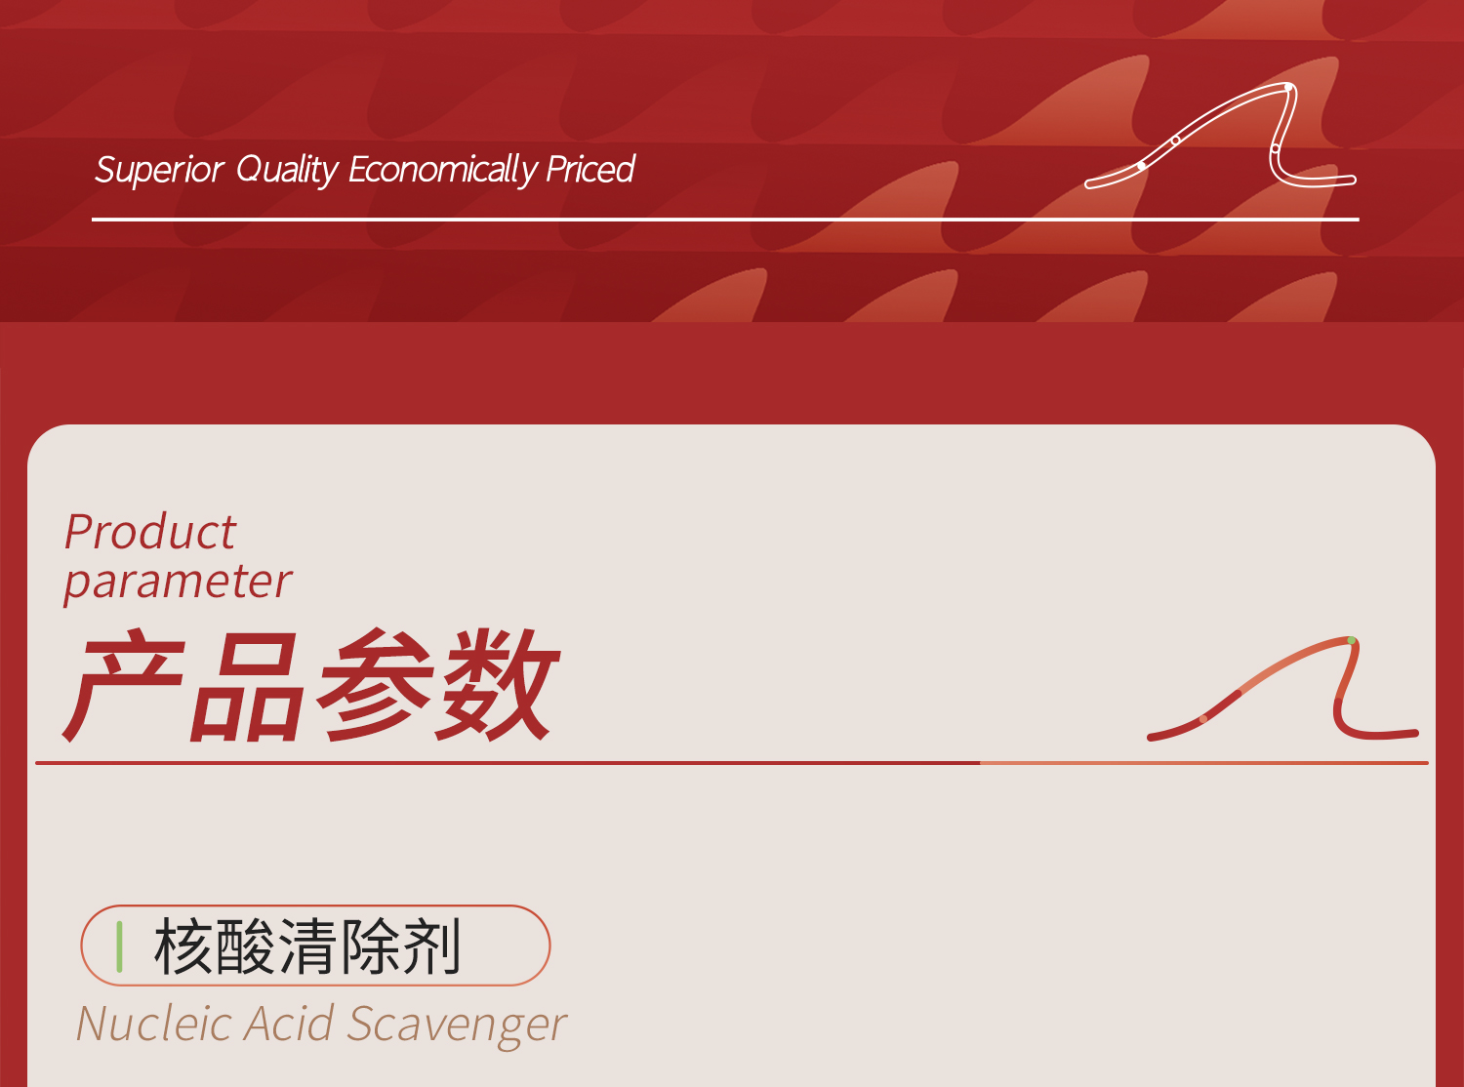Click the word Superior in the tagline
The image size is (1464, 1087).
tap(159, 170)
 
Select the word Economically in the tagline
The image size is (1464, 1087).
tap(442, 170)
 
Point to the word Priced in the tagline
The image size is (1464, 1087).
tap(590, 170)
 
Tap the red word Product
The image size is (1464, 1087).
tap(150, 532)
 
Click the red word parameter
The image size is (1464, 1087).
tap(178, 582)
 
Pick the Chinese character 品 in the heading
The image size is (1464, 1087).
tap(244, 685)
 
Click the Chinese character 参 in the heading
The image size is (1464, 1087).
tap(373, 685)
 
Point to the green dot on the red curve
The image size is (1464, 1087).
tap(1352, 641)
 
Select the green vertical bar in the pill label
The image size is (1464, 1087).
tap(119, 946)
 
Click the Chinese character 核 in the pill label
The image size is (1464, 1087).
tap(183, 946)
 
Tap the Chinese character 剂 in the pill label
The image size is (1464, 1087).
tap(430, 946)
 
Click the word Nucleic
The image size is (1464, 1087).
tap(154, 1025)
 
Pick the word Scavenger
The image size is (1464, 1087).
tap(457, 1025)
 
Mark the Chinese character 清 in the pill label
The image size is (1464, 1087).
tap(306, 946)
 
